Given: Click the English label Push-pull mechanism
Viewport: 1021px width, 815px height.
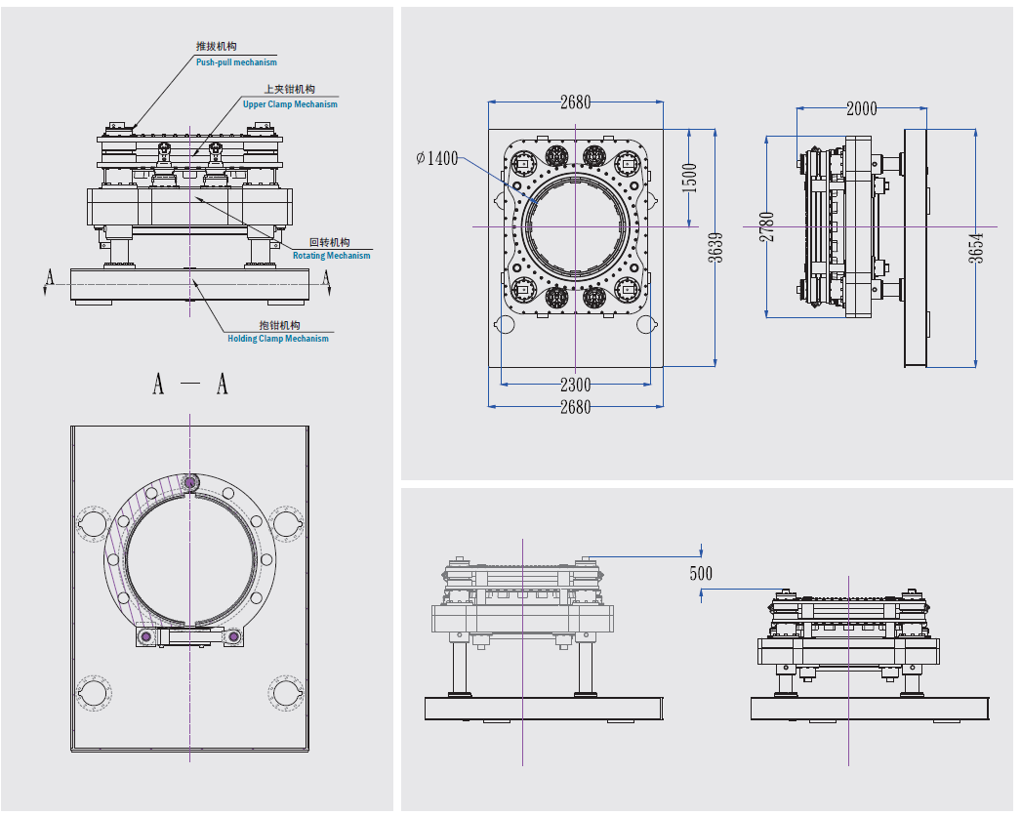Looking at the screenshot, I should (x=236, y=62).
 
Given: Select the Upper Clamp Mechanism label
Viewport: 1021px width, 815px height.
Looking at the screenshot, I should (x=290, y=104).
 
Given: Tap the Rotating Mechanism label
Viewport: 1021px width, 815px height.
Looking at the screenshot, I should (x=332, y=256).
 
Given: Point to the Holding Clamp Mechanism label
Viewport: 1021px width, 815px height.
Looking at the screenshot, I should (x=278, y=339).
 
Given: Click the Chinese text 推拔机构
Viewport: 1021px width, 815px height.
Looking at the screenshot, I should (x=216, y=47).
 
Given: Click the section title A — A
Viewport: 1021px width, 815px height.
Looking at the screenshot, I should (x=190, y=385).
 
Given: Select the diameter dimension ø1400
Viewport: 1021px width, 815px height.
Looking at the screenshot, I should (x=436, y=158).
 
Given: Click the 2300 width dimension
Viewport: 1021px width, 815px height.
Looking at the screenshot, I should (x=575, y=385).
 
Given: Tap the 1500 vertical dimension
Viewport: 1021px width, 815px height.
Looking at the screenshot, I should (x=691, y=178).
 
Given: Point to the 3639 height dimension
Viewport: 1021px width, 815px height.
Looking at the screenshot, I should (x=716, y=249).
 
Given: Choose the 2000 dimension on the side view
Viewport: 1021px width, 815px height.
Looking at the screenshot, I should (x=861, y=108).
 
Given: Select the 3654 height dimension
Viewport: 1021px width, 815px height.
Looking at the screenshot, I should (x=977, y=249).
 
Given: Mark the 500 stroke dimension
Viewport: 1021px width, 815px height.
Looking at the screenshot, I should (x=701, y=573).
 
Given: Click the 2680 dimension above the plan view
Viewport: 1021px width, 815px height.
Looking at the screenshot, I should (x=575, y=102).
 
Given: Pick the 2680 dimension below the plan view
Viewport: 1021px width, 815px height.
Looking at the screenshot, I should (x=575, y=407).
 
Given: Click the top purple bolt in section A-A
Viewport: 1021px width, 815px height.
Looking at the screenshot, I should (x=189, y=481).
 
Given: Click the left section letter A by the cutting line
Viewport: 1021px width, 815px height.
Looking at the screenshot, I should (x=49, y=279).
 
